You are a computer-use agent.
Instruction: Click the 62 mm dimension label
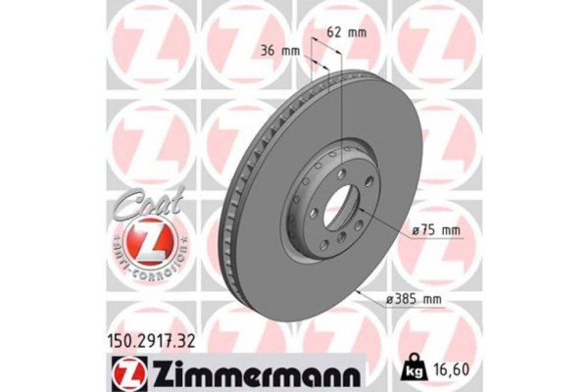click(x=345, y=32)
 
